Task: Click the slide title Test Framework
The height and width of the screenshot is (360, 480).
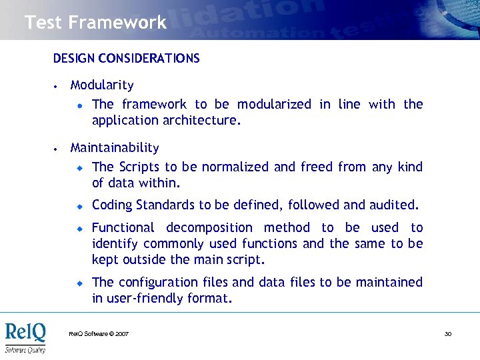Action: (95, 23)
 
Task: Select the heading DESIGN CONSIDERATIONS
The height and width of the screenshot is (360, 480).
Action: (126, 59)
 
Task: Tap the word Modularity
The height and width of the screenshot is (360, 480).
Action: (102, 85)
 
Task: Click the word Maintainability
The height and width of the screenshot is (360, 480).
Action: (115, 148)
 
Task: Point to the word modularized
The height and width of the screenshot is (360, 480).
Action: (274, 105)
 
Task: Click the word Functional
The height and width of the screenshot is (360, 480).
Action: (123, 228)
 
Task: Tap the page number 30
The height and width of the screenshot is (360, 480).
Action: (448, 333)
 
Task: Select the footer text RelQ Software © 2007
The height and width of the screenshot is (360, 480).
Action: (99, 333)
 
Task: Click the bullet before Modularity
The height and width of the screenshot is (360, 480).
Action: (57, 86)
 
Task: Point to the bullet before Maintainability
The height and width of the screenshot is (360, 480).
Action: (57, 149)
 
